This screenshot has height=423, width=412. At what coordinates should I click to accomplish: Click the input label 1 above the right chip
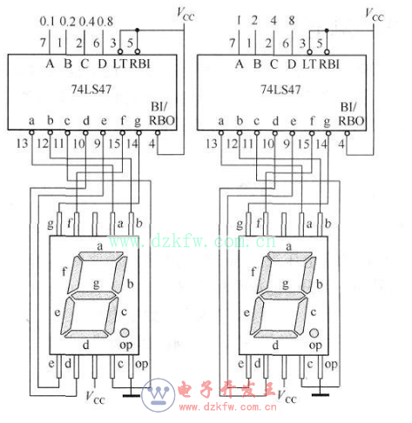(238, 20)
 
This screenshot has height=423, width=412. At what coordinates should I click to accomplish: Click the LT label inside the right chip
(307, 64)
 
